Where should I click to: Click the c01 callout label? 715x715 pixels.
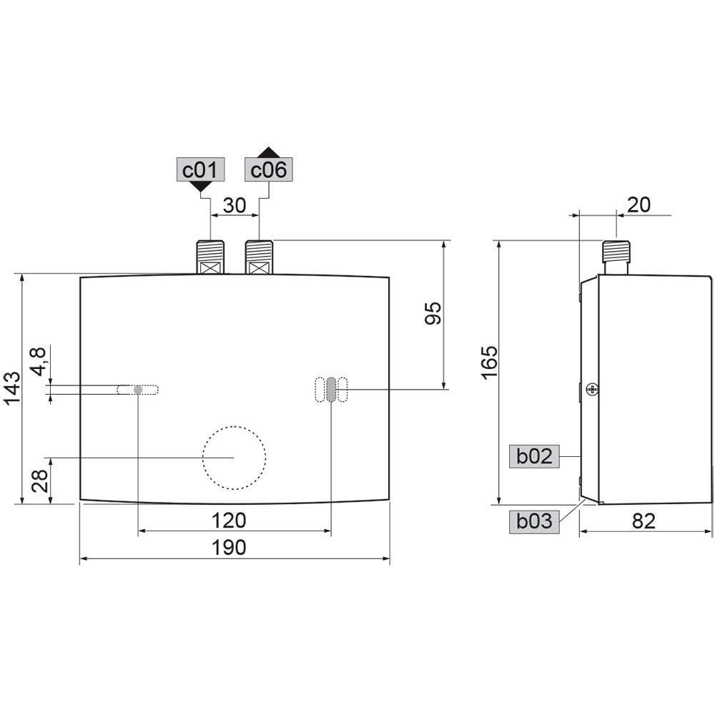200,170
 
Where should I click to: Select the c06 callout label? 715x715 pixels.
269,170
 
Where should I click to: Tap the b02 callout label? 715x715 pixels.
534,456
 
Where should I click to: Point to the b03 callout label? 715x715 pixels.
534,521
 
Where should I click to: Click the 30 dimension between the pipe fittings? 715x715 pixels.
234,206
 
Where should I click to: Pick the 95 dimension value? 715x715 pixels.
433,314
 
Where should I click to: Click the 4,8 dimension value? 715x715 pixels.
39,361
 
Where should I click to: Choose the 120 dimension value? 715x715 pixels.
229,520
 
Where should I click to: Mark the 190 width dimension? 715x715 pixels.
229,548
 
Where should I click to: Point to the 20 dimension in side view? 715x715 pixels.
639,205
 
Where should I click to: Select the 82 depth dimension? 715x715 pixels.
643,521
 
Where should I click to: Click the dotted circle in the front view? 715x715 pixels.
234,458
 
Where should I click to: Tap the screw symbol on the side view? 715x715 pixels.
591,389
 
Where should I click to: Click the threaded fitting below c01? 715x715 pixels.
210,257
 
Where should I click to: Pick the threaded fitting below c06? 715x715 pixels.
259,257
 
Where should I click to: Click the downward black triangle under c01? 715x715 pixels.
201,186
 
